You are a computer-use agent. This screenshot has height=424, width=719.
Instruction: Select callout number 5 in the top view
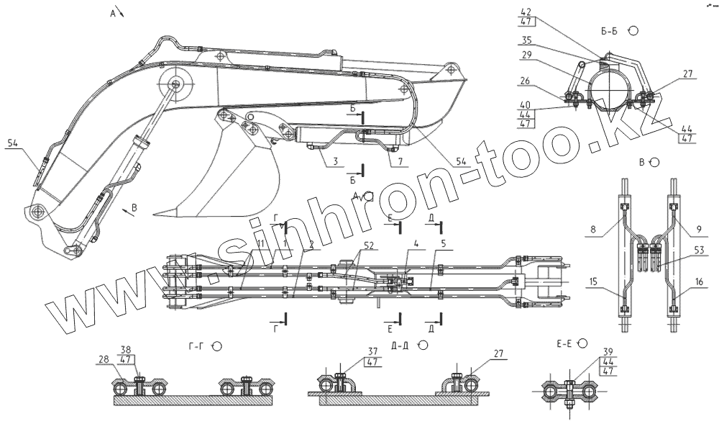pos(444,244)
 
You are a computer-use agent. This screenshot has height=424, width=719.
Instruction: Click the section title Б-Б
pos(611,31)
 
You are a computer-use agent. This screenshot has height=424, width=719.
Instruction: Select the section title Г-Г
pos(196,346)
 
